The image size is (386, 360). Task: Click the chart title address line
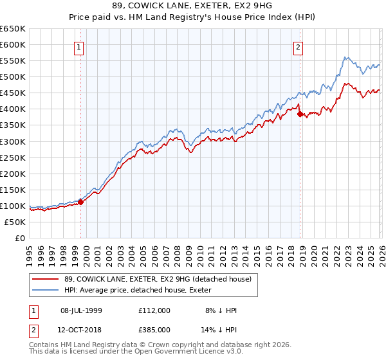coord(193,6)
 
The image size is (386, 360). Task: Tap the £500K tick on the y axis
coord(13,76)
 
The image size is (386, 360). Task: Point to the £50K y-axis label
coord(15,222)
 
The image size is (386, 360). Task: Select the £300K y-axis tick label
coord(13,141)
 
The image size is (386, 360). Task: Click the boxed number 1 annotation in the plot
coord(78,46)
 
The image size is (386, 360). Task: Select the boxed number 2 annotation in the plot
coord(299,46)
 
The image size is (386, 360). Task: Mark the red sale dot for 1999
coord(81,202)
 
